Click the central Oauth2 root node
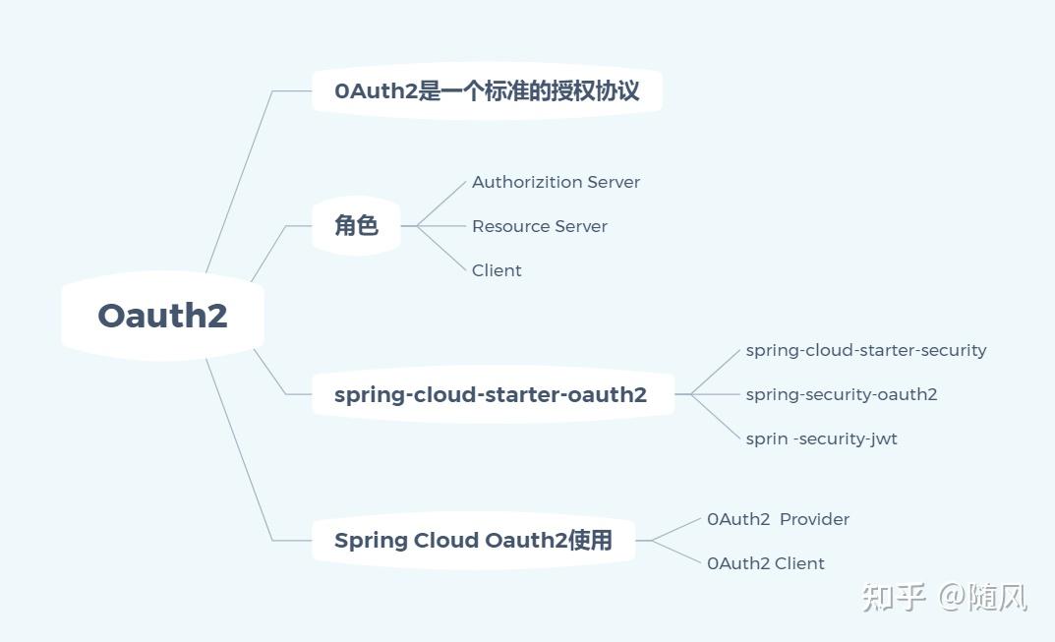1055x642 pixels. pyautogui.click(x=162, y=316)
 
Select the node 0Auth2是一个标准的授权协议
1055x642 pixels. pyautogui.click(x=487, y=91)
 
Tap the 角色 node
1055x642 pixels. pyautogui.click(x=356, y=225)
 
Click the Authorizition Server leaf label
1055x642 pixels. pyautogui.click(x=556, y=182)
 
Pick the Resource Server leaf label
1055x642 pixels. pyautogui.click(x=539, y=226)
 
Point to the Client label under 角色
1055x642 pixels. pyautogui.click(x=497, y=270)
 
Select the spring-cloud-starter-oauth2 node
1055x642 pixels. pyautogui.click(x=491, y=395)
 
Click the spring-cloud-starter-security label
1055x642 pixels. pyautogui.click(x=865, y=350)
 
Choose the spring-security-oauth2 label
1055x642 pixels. pyautogui.click(x=841, y=394)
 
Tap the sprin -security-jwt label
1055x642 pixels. pyautogui.click(x=821, y=438)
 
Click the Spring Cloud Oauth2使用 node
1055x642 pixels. pyautogui.click(x=473, y=540)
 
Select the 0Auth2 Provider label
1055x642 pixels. pyautogui.click(x=778, y=519)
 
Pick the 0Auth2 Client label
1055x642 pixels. pyautogui.click(x=765, y=563)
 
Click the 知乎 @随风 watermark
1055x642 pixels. pyautogui.click(x=944, y=597)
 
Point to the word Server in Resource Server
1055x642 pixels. pyautogui.click(x=581, y=226)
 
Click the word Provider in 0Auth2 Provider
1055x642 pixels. pyautogui.click(x=814, y=519)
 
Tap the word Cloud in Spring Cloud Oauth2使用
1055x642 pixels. pyautogui.click(x=446, y=540)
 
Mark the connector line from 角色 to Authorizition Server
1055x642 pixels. pyautogui.click(x=441, y=204)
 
